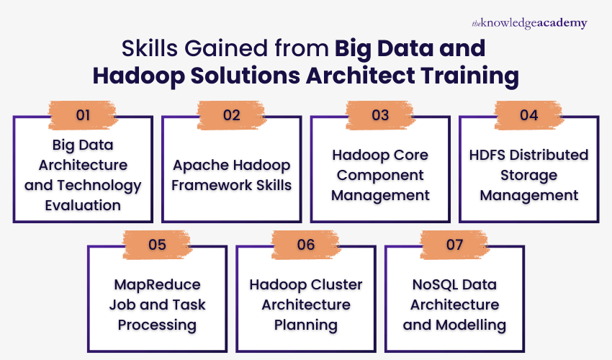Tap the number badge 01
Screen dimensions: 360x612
tap(84, 114)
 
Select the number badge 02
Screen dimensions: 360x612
tap(232, 114)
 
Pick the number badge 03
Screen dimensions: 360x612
tap(380, 114)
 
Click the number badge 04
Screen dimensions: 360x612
tap(528, 114)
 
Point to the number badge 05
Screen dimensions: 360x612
tap(158, 244)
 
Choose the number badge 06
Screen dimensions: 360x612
tap(306, 244)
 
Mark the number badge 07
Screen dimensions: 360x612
tap(454, 244)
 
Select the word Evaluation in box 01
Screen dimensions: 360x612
tap(83, 205)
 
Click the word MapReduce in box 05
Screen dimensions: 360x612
tap(157, 284)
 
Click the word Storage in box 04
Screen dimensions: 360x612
tap(529, 175)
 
